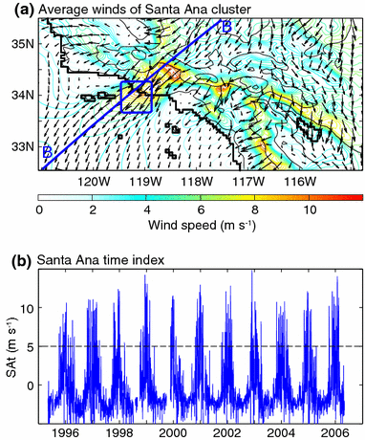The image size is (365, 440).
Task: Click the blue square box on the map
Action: pos(137,98)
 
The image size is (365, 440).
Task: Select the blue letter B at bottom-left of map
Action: pos(46,152)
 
